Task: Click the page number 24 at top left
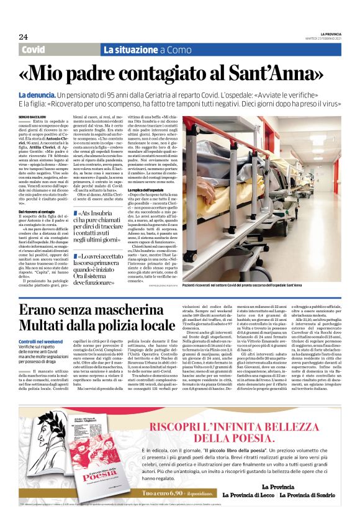coord(23,36)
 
